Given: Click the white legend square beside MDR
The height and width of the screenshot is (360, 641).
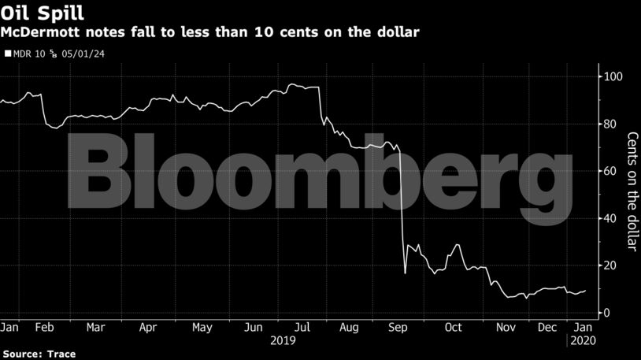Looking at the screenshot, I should (7, 54).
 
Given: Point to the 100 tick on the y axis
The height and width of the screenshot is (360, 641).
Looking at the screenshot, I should (613, 76).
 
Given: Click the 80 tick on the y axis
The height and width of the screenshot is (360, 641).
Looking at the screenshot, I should (610, 124).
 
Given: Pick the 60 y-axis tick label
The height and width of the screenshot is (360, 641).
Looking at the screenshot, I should (610, 171).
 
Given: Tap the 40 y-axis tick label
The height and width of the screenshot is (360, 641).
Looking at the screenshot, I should (610, 218).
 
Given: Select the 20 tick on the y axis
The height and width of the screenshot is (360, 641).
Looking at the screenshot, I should (610, 265).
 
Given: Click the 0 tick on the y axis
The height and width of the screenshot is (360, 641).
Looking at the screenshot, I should (606, 313).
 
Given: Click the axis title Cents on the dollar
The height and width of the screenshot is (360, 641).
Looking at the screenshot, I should (632, 191).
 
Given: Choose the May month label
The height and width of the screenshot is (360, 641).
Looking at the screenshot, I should (202, 327).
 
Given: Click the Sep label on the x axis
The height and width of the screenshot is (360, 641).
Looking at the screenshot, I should (399, 327).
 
